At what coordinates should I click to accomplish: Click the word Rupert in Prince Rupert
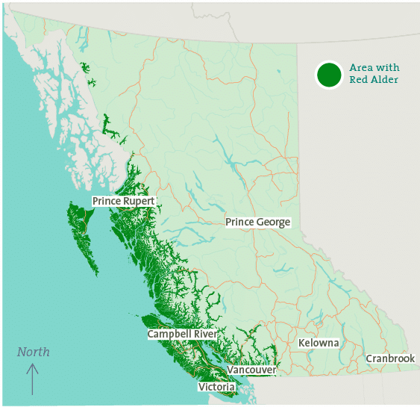click(139, 202)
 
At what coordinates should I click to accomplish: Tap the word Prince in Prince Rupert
click(107, 202)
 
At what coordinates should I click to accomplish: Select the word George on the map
click(273, 223)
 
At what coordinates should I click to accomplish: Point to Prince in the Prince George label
click(240, 223)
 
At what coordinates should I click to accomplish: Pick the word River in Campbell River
click(204, 334)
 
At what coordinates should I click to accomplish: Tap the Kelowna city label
click(319, 343)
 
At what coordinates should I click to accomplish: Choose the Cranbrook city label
click(390, 359)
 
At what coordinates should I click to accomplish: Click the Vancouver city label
click(252, 370)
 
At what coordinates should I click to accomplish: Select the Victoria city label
click(216, 387)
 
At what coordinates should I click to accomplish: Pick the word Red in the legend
click(359, 80)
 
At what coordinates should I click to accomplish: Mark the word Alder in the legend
click(385, 80)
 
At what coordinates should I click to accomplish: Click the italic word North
click(34, 352)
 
